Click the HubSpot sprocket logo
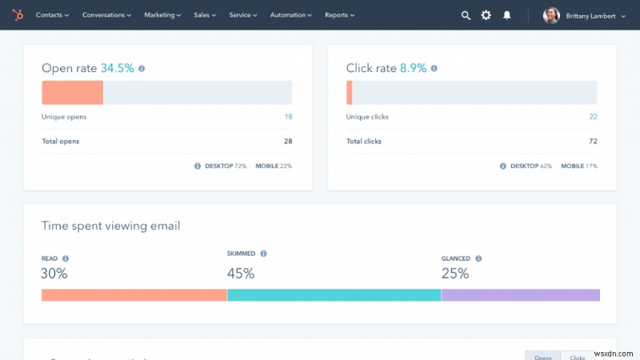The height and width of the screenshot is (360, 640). point(18,15)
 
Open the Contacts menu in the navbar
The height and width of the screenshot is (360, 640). point(52,15)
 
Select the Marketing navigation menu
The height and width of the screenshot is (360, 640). point(163,15)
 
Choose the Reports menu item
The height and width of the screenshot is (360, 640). point(339,15)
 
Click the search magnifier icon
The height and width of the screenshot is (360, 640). point(466,15)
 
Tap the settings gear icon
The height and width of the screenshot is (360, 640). point(486,15)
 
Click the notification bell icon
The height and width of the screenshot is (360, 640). point(506,15)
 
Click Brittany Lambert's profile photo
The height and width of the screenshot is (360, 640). point(551,15)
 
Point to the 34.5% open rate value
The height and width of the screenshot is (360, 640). point(118,69)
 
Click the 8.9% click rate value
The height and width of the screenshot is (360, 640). point(414,69)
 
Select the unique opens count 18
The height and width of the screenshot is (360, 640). point(288,117)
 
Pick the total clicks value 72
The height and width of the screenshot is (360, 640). point(593,142)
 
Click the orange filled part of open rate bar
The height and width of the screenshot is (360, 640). point(72,93)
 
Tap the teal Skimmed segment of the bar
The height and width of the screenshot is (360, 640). point(334,295)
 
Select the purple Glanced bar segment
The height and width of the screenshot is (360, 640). point(520,295)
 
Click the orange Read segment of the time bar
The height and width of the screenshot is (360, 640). point(134,295)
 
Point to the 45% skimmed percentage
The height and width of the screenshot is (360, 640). point(241,274)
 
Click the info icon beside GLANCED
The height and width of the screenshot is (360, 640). point(478,258)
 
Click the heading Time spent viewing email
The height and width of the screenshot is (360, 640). point(110,226)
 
